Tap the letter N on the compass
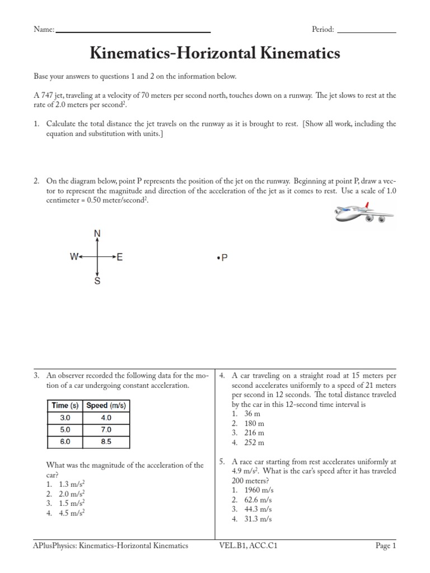(98, 233)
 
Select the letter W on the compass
(73, 257)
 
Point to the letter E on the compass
(120, 257)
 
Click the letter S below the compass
(98, 281)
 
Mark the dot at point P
(217, 259)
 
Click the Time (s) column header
(64, 405)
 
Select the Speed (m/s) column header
(106, 405)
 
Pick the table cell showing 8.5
(106, 442)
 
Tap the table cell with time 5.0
(64, 429)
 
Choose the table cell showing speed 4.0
(106, 417)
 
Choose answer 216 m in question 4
(254, 433)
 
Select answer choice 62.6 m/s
(258, 500)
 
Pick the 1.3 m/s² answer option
(71, 483)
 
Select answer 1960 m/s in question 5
(259, 490)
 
